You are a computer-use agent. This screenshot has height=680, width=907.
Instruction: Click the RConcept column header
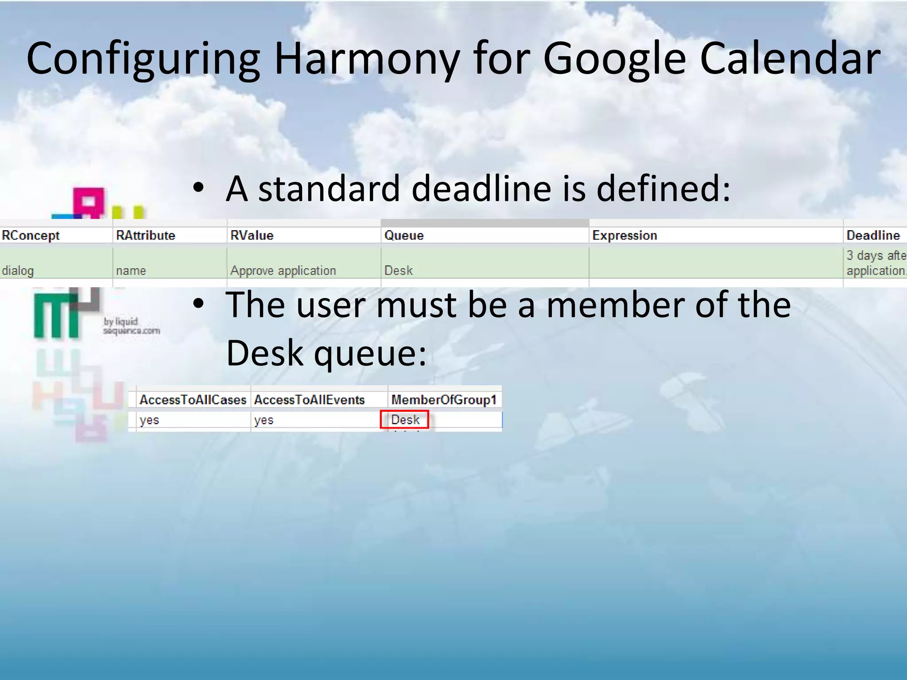click(31, 235)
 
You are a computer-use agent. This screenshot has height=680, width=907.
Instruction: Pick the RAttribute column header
click(145, 235)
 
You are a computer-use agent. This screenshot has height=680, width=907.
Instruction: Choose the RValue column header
click(252, 235)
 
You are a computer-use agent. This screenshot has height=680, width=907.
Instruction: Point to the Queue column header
click(403, 235)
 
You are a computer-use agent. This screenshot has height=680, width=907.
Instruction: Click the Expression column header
click(624, 235)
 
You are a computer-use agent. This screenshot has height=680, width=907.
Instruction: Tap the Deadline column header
click(872, 235)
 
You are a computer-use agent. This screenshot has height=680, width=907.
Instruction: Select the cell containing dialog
click(18, 270)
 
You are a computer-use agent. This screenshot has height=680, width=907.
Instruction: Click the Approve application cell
click(283, 270)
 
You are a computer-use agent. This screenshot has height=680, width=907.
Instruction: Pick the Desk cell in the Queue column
click(398, 270)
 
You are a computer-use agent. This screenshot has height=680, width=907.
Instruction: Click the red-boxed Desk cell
click(405, 419)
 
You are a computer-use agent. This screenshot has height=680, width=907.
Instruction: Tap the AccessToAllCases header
click(193, 400)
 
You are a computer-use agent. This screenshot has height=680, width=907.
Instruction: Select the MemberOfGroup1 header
click(444, 400)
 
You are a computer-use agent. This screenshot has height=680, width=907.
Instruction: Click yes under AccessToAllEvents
click(264, 420)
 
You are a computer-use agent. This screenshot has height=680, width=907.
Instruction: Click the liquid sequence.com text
click(131, 326)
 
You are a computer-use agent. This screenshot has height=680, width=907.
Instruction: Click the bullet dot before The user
click(198, 304)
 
